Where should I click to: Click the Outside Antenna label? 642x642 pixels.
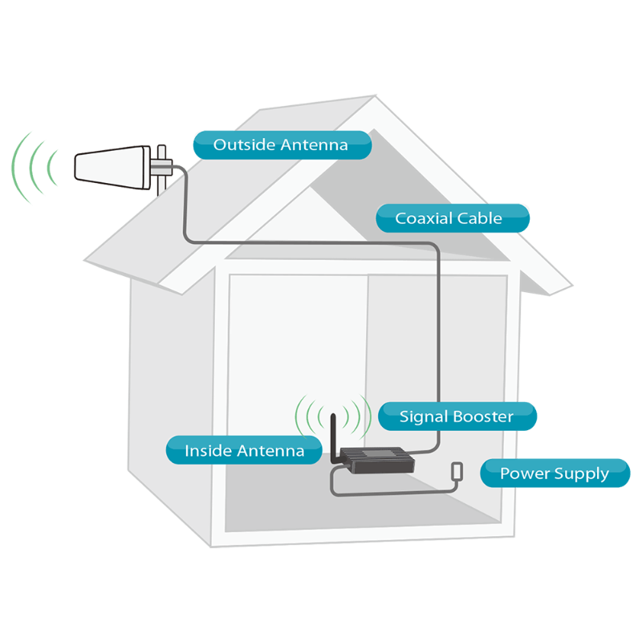click(x=281, y=145)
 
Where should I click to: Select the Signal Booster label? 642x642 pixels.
click(x=457, y=416)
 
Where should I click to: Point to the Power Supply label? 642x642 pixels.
click(x=554, y=473)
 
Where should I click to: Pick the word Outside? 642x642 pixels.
click(x=244, y=145)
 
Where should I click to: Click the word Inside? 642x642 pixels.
click(x=209, y=451)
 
